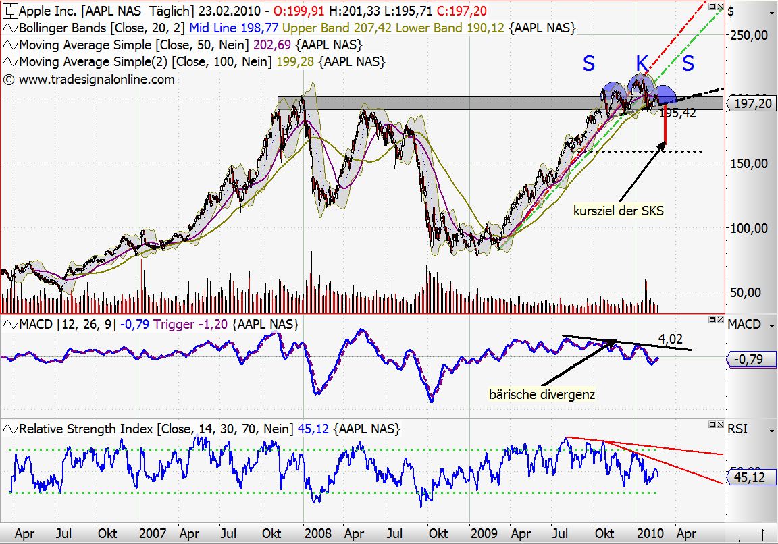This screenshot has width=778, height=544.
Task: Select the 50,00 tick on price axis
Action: pos(750,292)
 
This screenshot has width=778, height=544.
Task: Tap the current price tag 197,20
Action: pos(751,103)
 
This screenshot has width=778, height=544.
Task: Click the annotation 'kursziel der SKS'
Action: pos(618,211)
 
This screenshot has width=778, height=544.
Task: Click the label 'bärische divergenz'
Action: pos(542,393)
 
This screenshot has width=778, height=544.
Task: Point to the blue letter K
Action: pos(642,64)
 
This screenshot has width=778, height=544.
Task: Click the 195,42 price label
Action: pos(677,113)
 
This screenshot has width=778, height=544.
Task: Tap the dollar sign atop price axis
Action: pos(731,10)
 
